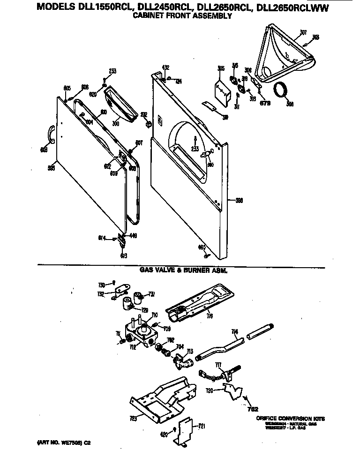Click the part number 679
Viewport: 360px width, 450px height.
(265, 103)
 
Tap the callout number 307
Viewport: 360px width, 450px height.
(303, 32)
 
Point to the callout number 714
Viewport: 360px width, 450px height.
(235, 331)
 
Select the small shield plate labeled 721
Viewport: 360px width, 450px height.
(187, 430)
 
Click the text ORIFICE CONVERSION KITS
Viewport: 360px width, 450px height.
(290, 418)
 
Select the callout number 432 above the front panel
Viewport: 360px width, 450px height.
(165, 67)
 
